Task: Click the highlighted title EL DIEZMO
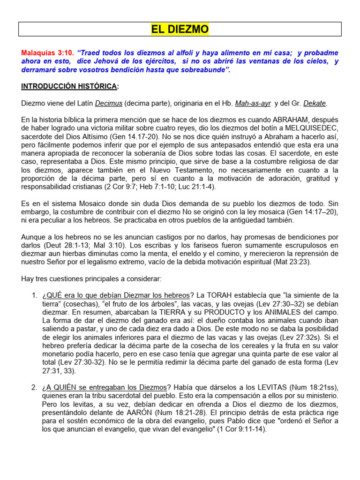pyautogui.click(x=180, y=30)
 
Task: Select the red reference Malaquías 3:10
pyautogui.click(x=47, y=53)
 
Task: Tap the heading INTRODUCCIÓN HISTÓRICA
pyautogui.click(x=69, y=86)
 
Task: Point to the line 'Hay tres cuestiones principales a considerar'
pyautogui.click(x=91, y=278)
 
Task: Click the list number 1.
pyautogui.click(x=34, y=295)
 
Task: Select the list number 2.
pyautogui.click(x=34, y=387)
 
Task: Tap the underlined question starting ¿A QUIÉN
pyautogui.click(x=104, y=387)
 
